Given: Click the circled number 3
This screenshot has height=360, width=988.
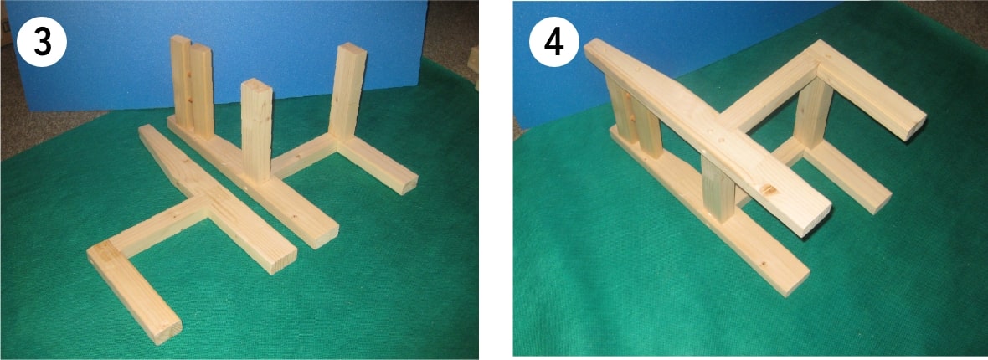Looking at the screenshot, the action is [x=41, y=41].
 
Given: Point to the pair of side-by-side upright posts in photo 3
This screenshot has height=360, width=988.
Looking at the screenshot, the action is [x=192, y=87].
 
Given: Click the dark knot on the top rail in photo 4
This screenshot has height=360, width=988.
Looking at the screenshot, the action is [x=769, y=190].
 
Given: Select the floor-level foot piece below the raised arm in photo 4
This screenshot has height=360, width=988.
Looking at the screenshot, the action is [x=848, y=177].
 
